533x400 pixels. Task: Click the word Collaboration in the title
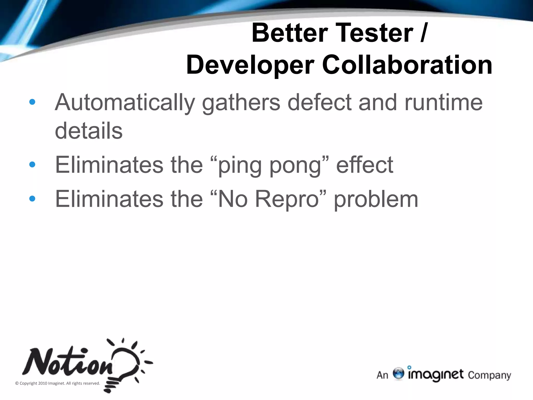tap(407, 65)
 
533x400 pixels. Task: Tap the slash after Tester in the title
tap(423, 33)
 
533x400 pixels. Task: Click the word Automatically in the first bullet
tap(125, 103)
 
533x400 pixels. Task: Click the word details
tap(89, 131)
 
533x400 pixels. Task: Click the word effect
tap(365, 165)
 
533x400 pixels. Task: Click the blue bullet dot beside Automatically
tap(32, 102)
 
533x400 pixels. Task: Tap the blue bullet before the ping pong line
tap(32, 164)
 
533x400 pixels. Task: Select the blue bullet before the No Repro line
tap(32, 199)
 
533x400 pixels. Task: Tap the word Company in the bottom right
tap(489, 375)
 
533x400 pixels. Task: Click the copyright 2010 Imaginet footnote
tap(58, 383)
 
